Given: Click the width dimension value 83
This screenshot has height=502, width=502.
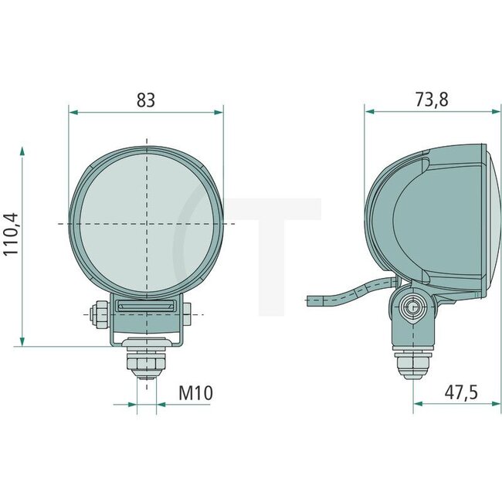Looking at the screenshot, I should coord(145,100).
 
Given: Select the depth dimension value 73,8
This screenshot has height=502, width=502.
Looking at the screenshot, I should coord(432,100).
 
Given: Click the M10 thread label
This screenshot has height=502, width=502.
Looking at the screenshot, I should coord(195,393).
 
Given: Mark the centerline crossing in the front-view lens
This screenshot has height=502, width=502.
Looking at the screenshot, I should coord(145,223).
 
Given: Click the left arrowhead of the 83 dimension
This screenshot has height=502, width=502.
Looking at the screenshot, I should coord(73,112).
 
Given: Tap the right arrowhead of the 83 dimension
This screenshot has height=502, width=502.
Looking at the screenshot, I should coord(219,112).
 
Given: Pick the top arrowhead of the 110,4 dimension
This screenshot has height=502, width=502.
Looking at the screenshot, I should coord(23,149).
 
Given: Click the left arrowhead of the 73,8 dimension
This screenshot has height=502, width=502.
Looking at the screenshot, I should coord(369,112).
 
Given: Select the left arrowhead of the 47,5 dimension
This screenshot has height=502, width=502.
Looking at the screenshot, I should coord(418,403).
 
